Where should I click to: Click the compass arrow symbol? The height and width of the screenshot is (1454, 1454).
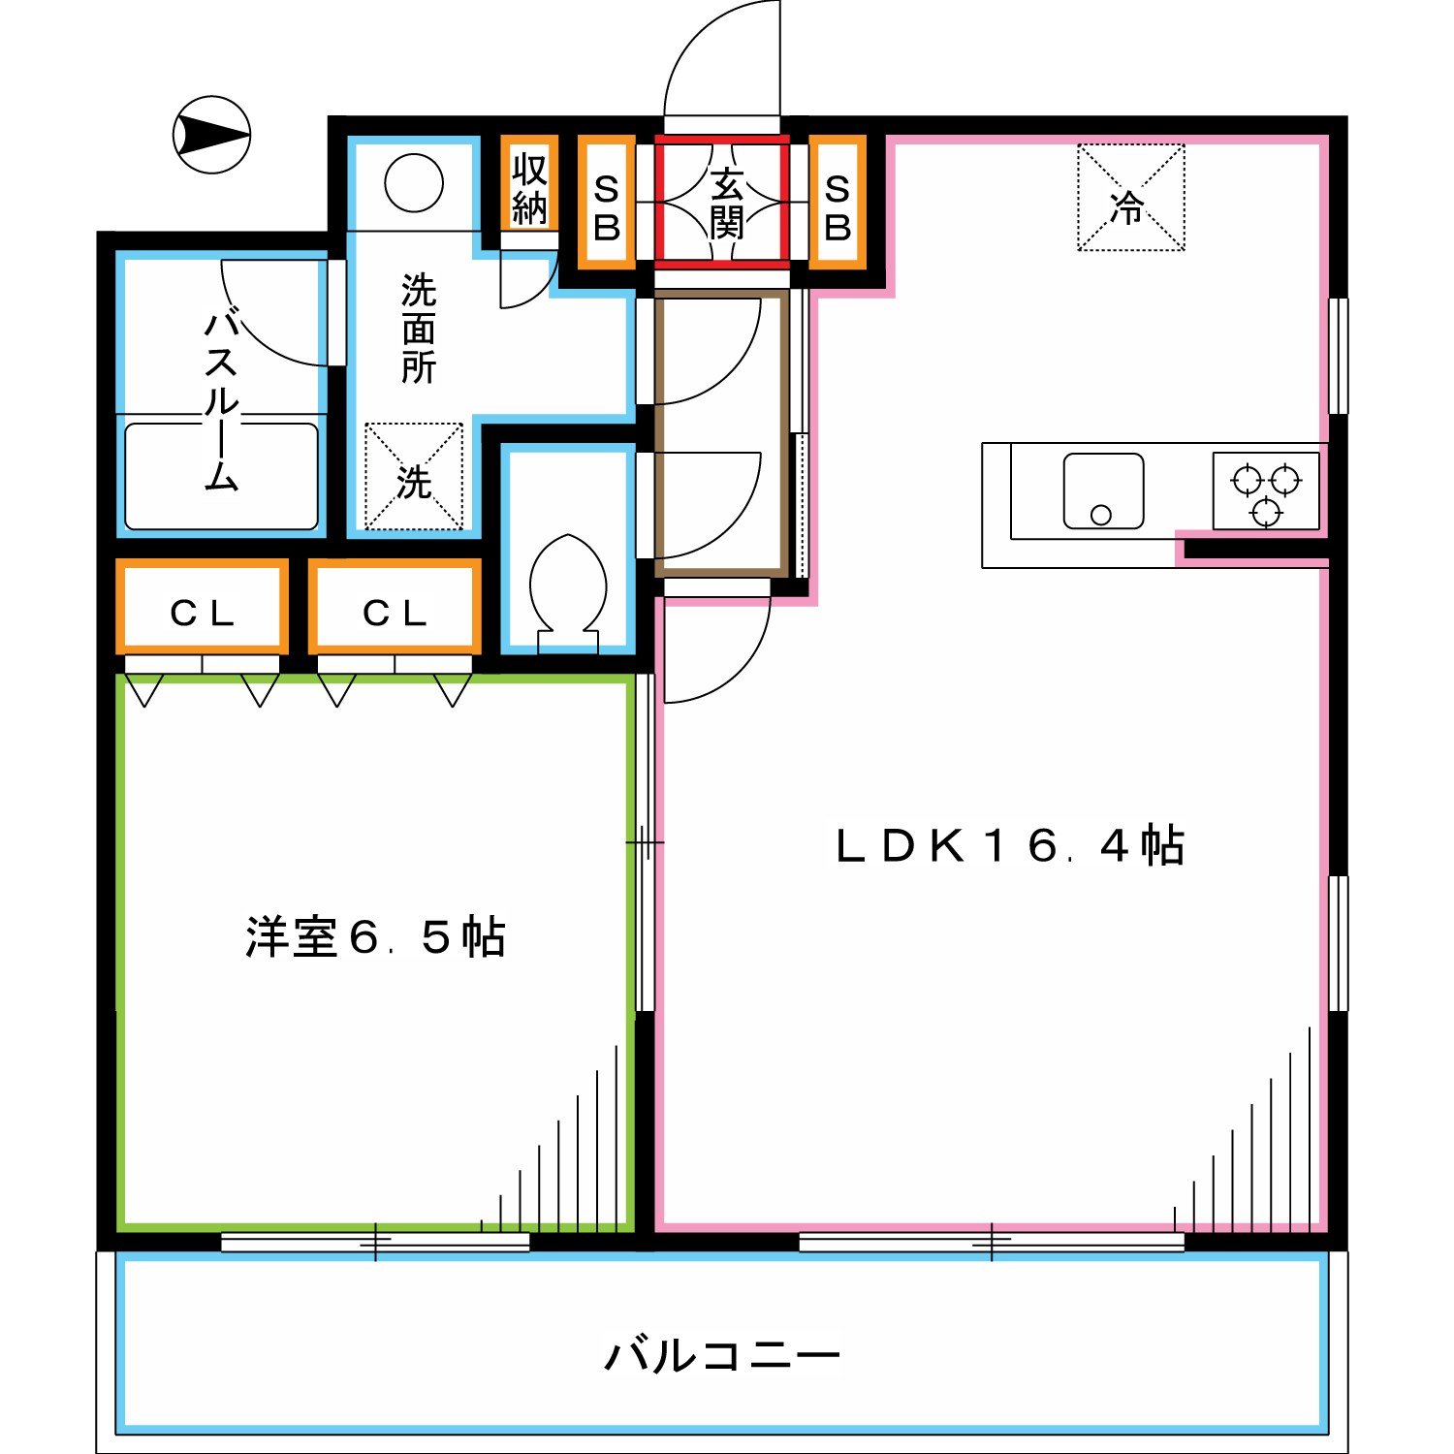click(x=211, y=135)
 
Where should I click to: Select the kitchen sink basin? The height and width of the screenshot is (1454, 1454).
click(x=1103, y=491)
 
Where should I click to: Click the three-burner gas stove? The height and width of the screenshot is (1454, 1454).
click(x=1266, y=490)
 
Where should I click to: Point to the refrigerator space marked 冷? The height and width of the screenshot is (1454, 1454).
click(x=1130, y=198)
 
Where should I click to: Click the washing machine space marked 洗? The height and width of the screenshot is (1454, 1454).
click(x=414, y=477)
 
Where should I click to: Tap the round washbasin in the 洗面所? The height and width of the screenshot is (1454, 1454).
click(x=414, y=182)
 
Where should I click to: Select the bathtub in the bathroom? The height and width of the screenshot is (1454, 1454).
click(x=221, y=476)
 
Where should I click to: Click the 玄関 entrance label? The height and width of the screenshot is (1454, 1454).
click(x=725, y=203)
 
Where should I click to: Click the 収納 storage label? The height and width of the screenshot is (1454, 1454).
click(x=529, y=188)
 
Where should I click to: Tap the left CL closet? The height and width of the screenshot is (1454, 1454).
click(x=203, y=612)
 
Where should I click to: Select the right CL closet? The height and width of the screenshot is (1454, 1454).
click(x=395, y=612)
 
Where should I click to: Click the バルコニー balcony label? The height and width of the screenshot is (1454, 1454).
click(x=722, y=1354)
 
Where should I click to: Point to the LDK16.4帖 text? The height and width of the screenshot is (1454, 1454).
click(x=1009, y=845)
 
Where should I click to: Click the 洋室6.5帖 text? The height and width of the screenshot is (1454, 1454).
click(x=375, y=936)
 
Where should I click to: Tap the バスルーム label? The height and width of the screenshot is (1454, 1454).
click(x=221, y=399)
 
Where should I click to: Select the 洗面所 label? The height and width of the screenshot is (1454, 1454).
click(x=418, y=329)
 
